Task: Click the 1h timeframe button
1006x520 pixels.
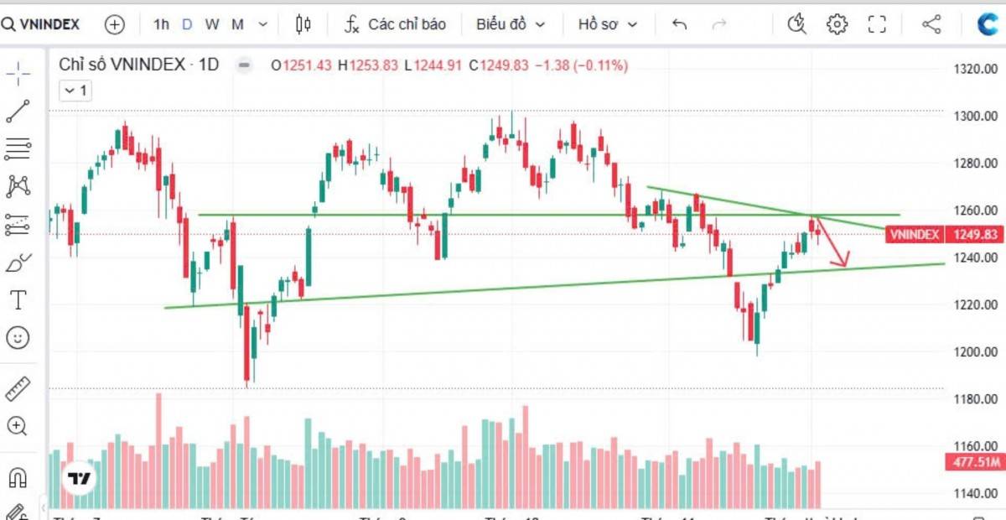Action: [161, 24]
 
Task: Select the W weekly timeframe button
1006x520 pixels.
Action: [212, 24]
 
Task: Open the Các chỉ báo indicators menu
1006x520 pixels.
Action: [396, 24]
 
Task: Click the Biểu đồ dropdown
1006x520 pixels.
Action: [510, 24]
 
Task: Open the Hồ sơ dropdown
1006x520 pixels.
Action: [607, 24]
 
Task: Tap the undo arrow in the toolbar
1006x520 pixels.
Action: [679, 24]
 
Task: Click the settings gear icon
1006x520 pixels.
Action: [837, 24]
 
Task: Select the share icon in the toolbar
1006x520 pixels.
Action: [931, 24]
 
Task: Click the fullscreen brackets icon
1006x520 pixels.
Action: [877, 24]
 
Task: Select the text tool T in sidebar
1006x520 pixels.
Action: [17, 299]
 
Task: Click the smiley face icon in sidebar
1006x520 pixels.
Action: [17, 338]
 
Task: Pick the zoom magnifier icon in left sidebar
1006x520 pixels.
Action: [17, 426]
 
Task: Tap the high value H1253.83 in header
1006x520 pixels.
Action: [368, 65]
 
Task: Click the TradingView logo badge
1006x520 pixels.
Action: [80, 479]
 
